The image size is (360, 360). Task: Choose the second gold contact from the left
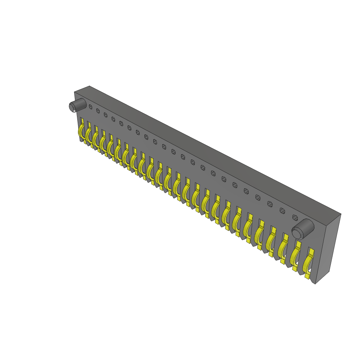(x=88, y=135)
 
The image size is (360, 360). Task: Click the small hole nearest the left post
(x=90, y=107)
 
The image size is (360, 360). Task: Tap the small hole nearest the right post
(x=295, y=218)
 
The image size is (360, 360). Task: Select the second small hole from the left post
(x=98, y=111)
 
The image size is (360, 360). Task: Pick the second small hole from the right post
(x=282, y=211)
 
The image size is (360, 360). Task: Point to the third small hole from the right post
(x=270, y=204)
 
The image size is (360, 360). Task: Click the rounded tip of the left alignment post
(x=71, y=107)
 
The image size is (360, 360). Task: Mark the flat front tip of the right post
(x=297, y=233)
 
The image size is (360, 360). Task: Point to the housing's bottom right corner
(x=315, y=284)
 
